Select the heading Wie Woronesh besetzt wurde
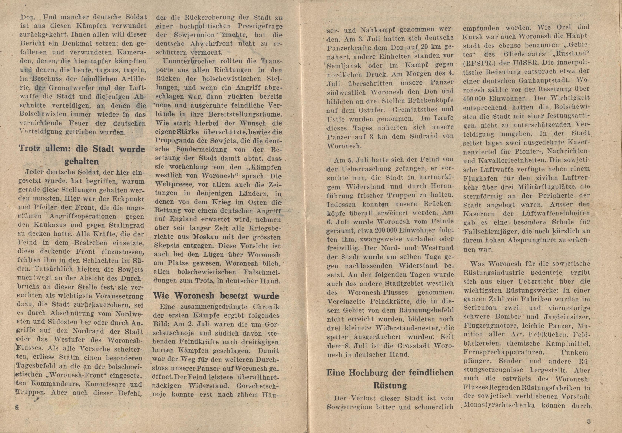[216, 296]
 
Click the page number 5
[587, 421]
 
